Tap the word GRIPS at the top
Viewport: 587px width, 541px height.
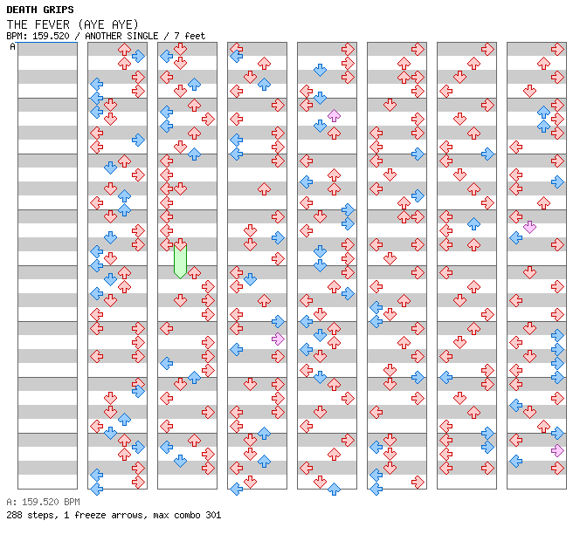pos(58,10)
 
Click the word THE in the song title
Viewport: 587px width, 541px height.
pos(17,24)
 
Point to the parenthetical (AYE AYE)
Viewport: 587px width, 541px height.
pos(107,24)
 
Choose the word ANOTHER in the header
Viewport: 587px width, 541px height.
pos(105,36)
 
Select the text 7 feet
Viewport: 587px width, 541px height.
pos(189,36)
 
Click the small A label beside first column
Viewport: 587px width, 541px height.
pos(12,46)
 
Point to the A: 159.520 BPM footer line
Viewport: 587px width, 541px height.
pos(43,502)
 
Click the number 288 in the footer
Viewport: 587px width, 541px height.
pos(14,515)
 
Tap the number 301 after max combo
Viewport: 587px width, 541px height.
pos(212,515)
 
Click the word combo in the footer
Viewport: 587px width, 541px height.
pos(186,515)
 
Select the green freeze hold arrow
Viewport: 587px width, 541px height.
pos(180,259)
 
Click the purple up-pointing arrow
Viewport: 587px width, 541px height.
pos(334,115)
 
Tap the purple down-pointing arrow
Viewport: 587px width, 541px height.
pos(529,227)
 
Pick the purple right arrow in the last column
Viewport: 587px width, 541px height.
pos(557,450)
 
